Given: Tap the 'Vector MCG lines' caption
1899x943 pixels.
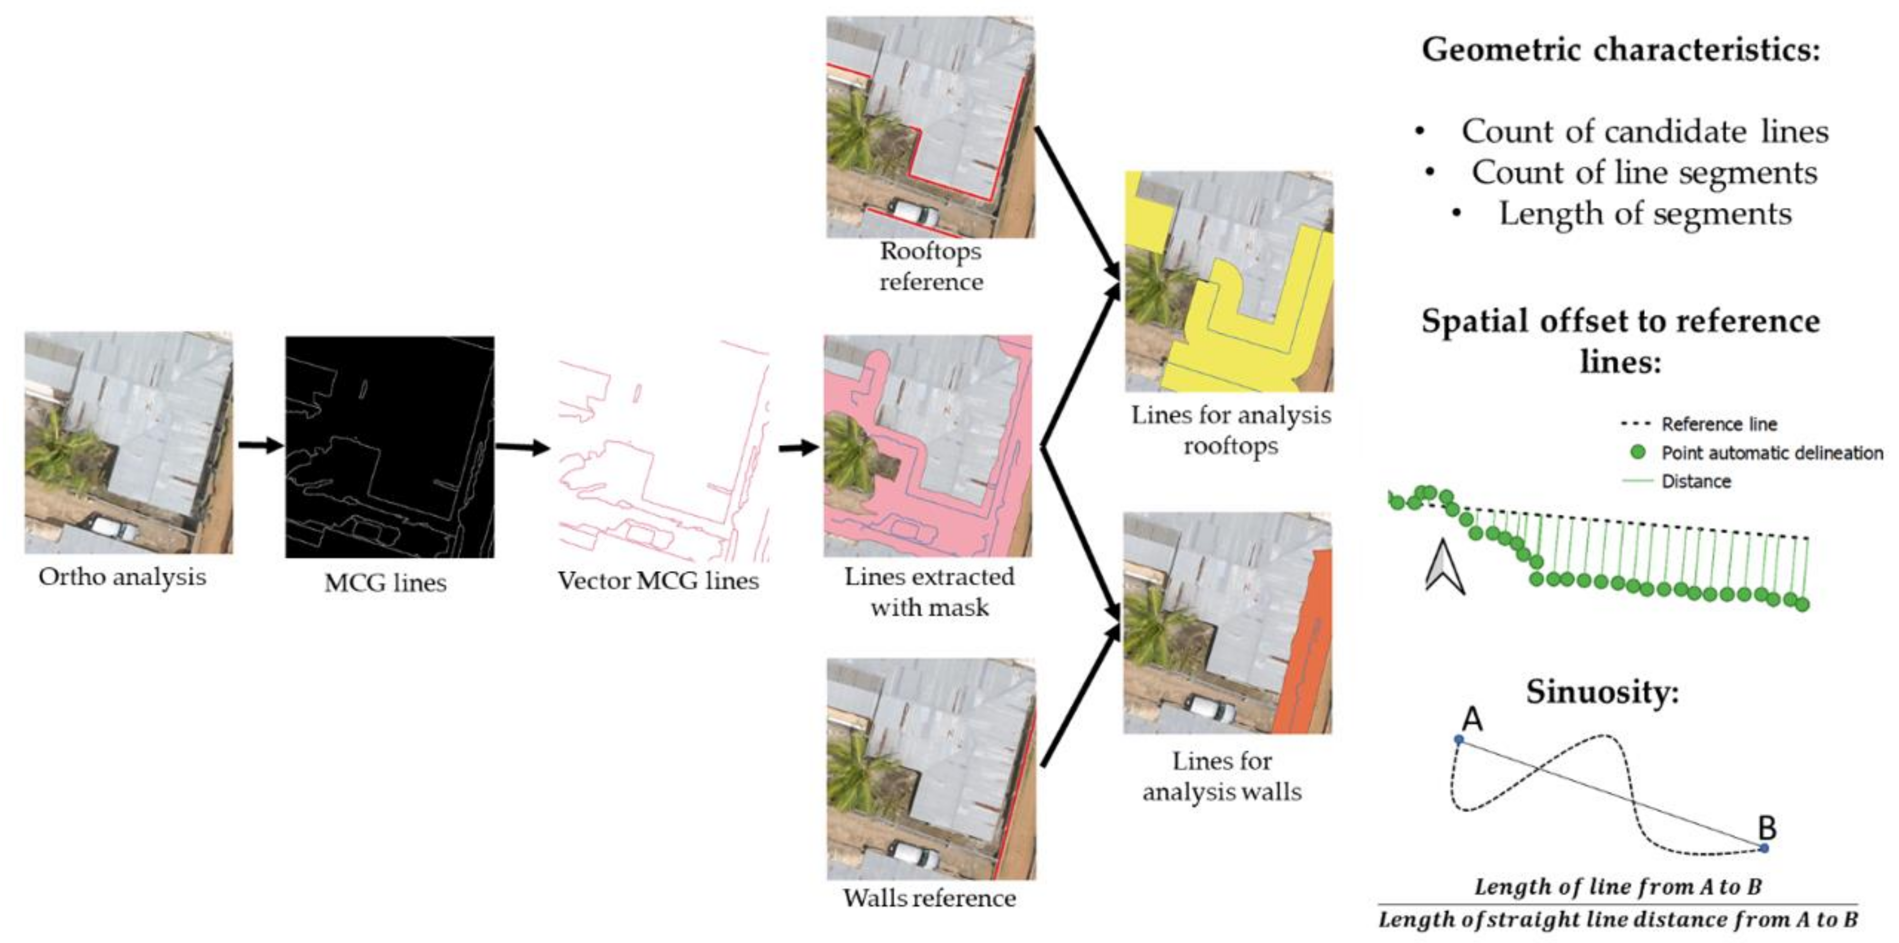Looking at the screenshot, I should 658,580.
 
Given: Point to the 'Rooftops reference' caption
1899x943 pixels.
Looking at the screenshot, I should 930,266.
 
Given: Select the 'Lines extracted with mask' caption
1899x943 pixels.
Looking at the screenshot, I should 929,591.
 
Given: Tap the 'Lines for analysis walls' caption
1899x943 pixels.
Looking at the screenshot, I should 1222,776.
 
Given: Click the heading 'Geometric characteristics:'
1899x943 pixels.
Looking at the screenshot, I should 1620,50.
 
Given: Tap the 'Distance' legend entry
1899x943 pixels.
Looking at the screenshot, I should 1696,481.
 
